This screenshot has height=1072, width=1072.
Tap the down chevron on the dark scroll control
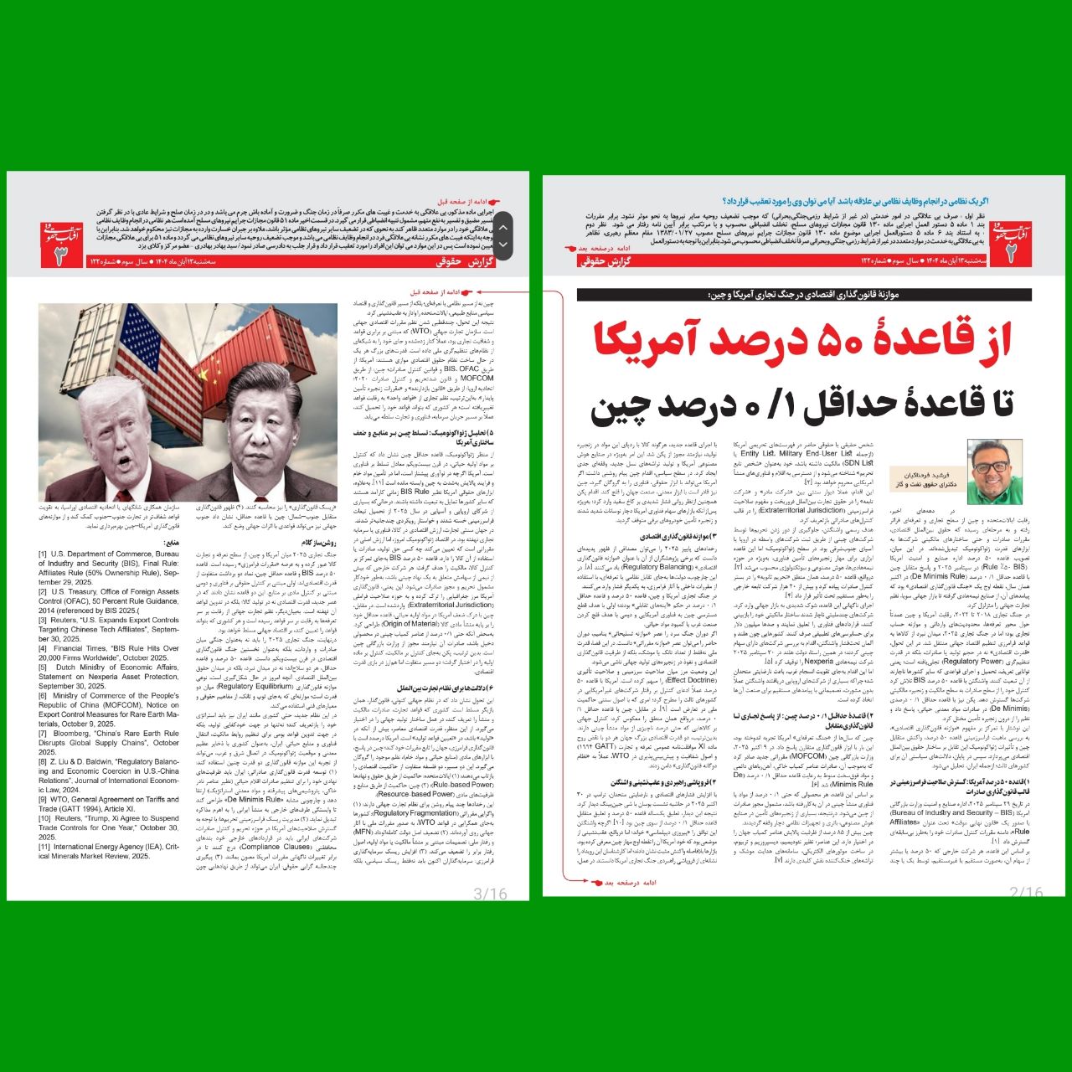[x=503, y=245]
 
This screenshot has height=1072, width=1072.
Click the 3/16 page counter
[x=491, y=893]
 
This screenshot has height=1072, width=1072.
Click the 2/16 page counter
[x=1026, y=893]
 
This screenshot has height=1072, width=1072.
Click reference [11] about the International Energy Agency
[x=109, y=851]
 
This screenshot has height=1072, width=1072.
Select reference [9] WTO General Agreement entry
[x=109, y=804]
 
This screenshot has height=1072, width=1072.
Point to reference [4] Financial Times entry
[x=109, y=652]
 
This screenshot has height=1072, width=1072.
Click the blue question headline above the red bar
[x=871, y=202]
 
